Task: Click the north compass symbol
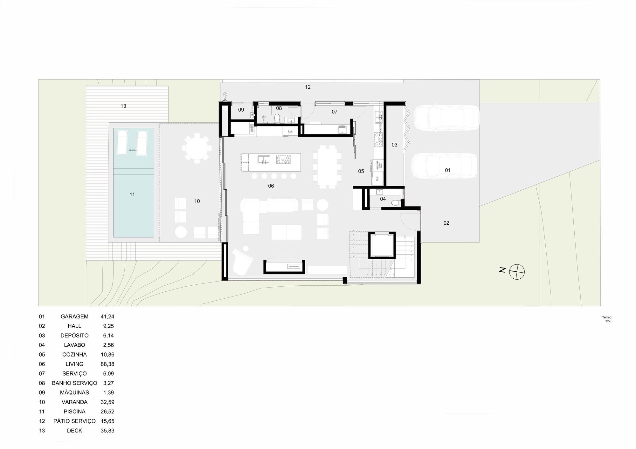coord(517,272)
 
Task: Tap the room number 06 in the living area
coord(271,186)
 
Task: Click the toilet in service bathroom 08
coord(277,119)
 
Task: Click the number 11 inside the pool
coord(132,194)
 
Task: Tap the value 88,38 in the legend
coord(107,364)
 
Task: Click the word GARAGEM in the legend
coord(74,316)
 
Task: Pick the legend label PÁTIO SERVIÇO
coord(74,421)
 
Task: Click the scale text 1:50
coord(608,321)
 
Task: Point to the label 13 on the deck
coord(123,106)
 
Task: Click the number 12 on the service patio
coord(308,87)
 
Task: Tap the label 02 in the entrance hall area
coord(446,223)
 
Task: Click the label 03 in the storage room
coord(394,145)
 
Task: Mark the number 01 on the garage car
coord(448,170)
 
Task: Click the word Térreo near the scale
coord(607,317)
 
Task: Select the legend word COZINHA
coord(74,355)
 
